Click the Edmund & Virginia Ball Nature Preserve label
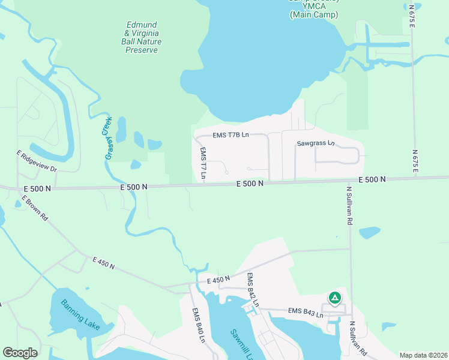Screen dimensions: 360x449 [x=141, y=37]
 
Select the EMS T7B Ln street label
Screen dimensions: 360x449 [x=231, y=136]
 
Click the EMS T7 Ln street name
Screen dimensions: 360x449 [x=203, y=164]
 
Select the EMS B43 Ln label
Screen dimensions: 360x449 [x=306, y=311]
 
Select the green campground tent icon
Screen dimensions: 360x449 [x=335, y=297]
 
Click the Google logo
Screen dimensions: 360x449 [x=20, y=353]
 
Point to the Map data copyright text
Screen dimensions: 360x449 [x=423, y=355]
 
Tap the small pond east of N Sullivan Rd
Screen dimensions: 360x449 [x=369, y=232]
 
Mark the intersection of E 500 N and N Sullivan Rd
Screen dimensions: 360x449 [x=350, y=179]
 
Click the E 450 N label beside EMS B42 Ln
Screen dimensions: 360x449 [x=218, y=279]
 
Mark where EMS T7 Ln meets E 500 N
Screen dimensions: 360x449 [x=203, y=184]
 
